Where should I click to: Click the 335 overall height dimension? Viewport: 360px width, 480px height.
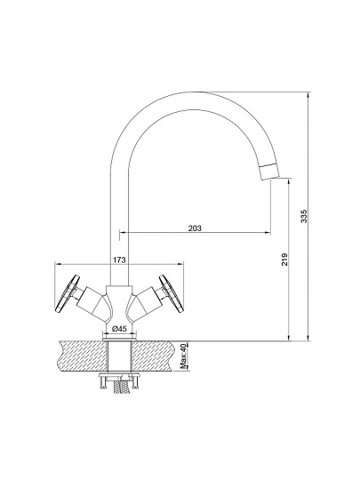coord(303,216)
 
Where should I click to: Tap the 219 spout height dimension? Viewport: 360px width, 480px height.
coord(284,260)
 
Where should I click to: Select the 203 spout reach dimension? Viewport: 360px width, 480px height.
coord(195,228)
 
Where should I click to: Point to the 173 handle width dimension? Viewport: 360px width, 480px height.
coord(119,260)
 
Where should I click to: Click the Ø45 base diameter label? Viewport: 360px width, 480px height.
coord(119,329)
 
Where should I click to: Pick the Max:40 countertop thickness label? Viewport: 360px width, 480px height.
coord(183,356)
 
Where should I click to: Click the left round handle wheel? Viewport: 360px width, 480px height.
coord(68,293)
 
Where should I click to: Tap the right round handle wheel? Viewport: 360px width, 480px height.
coord(171,293)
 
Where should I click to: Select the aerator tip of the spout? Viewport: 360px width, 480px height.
coord(269,172)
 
